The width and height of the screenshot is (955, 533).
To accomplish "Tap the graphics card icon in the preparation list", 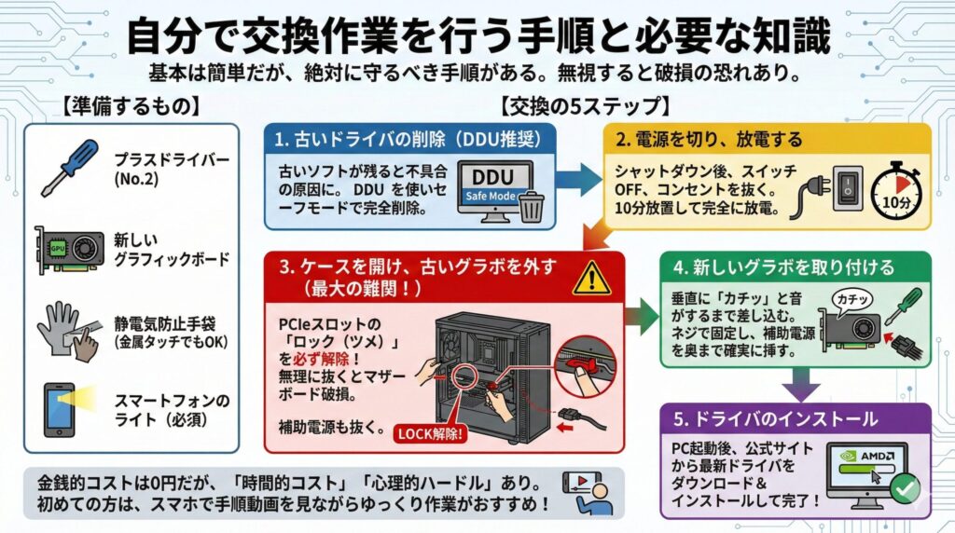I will (x=70, y=251).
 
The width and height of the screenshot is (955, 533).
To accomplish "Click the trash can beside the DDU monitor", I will (x=531, y=206).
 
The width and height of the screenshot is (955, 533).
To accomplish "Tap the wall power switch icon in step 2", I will (x=844, y=185).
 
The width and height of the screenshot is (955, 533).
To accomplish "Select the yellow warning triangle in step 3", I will (x=589, y=277).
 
